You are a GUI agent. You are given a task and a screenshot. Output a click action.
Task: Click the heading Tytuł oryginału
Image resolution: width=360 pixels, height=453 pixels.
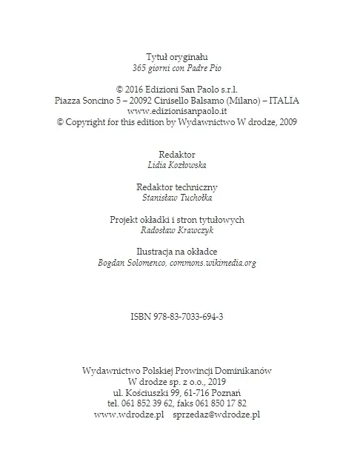pyautogui.click(x=177, y=56)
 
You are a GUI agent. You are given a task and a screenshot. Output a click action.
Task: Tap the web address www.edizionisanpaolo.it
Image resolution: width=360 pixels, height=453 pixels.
pyautogui.click(x=177, y=111)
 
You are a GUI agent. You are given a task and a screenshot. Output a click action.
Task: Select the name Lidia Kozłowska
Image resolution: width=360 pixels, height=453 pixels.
pyautogui.click(x=177, y=165)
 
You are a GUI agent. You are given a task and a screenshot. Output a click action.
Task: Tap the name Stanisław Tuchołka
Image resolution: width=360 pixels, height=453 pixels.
pyautogui.click(x=177, y=198)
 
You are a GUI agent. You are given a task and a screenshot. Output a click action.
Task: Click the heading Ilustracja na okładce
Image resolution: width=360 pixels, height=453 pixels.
pyautogui.click(x=177, y=252)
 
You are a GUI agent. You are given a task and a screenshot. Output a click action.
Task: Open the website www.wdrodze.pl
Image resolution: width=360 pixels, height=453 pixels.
pyautogui.click(x=129, y=415)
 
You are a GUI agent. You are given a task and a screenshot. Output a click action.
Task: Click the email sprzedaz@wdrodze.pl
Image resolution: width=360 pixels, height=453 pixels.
pyautogui.click(x=216, y=415)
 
